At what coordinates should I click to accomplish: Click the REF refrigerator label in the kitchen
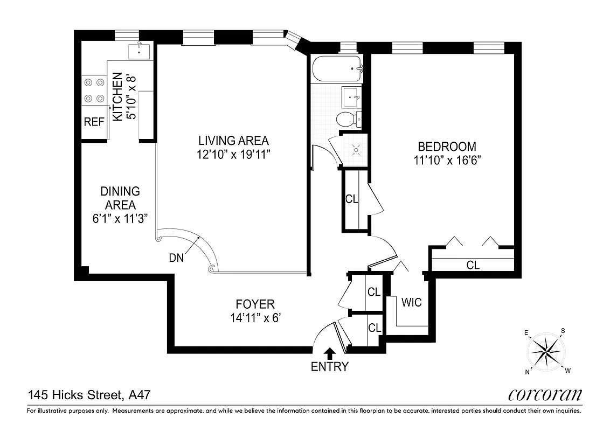tap(94, 122)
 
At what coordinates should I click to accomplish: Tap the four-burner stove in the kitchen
tap(94, 91)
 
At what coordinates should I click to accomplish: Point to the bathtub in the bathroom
tap(336, 68)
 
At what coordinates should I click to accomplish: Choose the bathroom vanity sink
tap(353, 98)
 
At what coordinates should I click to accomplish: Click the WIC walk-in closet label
tap(411, 302)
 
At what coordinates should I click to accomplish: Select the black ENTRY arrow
tap(330, 353)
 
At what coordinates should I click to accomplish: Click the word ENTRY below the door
tap(330, 367)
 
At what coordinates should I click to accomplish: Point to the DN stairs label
tap(176, 258)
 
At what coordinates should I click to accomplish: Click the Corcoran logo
tap(545, 395)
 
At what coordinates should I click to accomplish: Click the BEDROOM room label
tap(447, 146)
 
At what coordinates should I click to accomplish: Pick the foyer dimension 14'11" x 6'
tap(255, 318)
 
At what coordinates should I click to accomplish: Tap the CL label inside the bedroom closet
tap(473, 265)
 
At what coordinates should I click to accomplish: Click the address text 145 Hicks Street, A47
tap(88, 396)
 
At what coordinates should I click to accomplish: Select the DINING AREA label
tap(120, 198)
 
